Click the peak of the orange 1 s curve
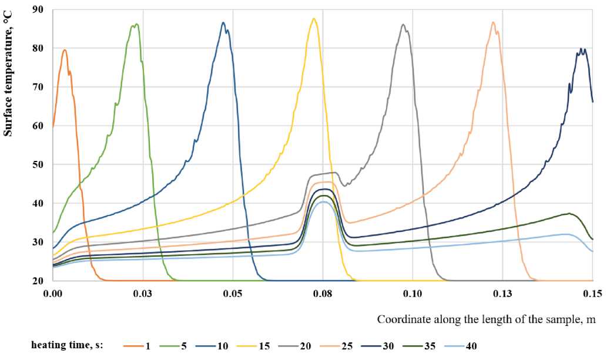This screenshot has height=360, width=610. click(64, 50)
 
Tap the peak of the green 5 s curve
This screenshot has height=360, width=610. click(136, 24)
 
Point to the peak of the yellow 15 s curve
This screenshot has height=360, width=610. click(314, 18)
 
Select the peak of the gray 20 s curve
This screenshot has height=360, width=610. click(403, 25)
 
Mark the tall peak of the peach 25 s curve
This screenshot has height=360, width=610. click(493, 22)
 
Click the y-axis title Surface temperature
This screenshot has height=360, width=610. click(8, 76)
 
